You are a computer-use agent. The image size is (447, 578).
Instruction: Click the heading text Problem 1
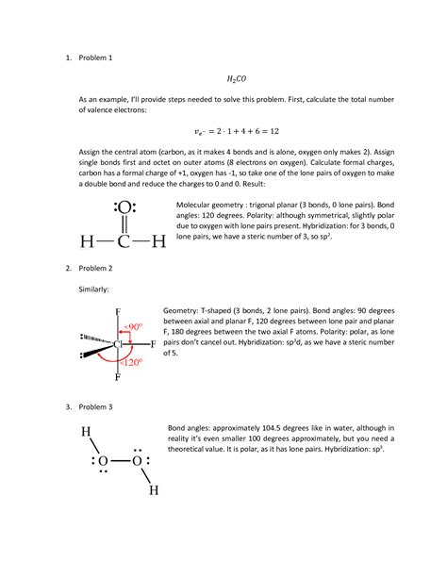93,58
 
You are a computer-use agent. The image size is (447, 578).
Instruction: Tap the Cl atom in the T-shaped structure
118,344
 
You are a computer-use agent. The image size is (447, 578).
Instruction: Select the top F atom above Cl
117,312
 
